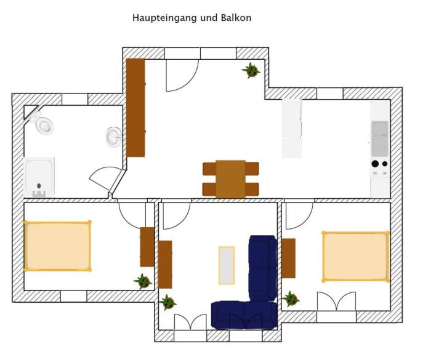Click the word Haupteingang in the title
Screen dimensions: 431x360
click(165, 18)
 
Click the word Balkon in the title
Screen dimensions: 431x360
click(236, 18)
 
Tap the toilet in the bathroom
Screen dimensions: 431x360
click(42, 124)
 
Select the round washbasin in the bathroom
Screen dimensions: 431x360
click(114, 137)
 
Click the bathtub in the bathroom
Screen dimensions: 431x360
click(39, 177)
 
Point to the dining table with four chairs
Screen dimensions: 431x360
click(231, 179)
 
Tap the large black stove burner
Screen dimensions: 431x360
click(375, 164)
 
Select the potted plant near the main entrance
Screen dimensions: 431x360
click(251, 70)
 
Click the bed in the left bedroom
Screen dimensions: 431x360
click(57, 246)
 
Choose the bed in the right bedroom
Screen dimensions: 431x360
click(356, 257)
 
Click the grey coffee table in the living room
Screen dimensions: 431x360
click(227, 265)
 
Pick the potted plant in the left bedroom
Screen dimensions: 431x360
click(143, 281)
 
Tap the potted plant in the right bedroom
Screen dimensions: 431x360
click(291, 298)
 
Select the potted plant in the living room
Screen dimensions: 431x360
click(167, 302)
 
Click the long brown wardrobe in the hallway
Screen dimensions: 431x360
click(135, 108)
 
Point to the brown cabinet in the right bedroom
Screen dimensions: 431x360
click(288, 258)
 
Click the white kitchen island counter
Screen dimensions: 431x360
click(292, 129)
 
